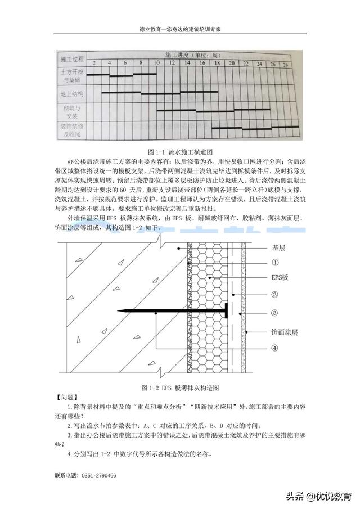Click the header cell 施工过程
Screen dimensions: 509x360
tap(72, 58)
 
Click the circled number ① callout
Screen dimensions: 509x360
tap(274, 262)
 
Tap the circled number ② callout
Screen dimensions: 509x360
tap(274, 294)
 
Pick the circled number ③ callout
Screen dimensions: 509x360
tap(274, 313)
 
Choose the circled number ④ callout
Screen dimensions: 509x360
tap(274, 348)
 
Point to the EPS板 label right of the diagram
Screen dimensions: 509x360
tap(280, 278)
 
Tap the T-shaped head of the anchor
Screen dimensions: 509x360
tap(225, 311)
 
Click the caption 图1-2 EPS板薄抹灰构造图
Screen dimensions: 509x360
tap(180, 388)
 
